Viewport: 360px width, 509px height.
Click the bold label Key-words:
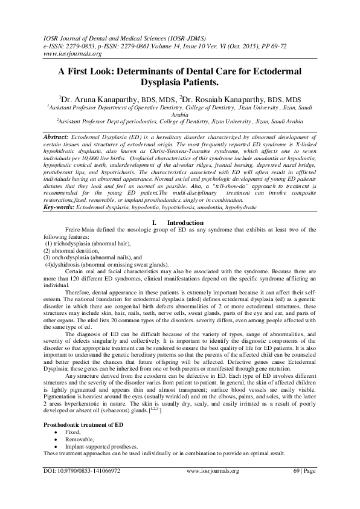point(60,207)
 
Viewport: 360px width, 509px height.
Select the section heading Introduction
point(185,223)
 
